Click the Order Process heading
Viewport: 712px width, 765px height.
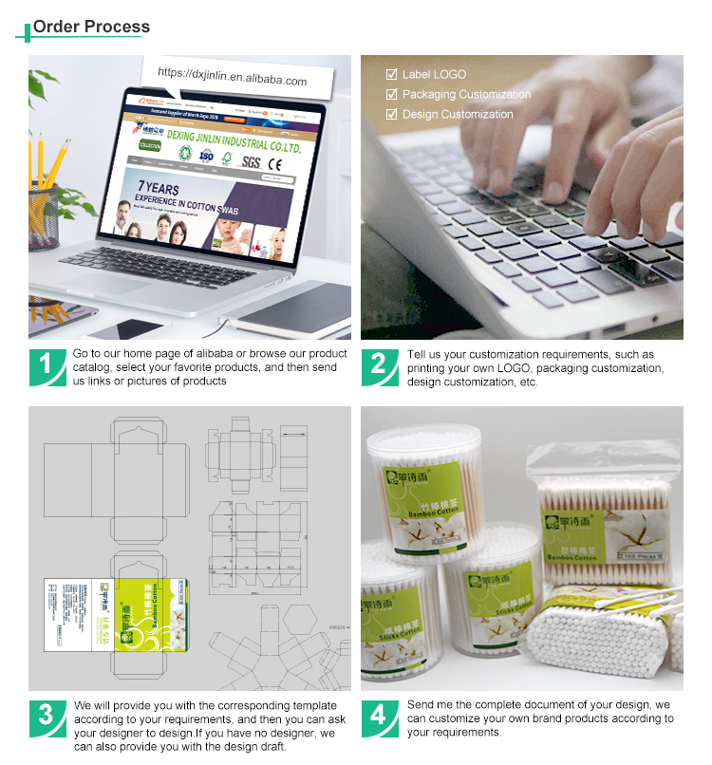point(92,27)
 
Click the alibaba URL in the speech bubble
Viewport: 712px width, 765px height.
point(233,77)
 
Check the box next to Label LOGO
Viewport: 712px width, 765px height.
point(391,74)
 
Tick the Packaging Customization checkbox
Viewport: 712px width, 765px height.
point(391,94)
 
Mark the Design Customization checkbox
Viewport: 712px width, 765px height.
point(391,114)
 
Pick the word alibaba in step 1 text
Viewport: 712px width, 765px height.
point(241,354)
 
